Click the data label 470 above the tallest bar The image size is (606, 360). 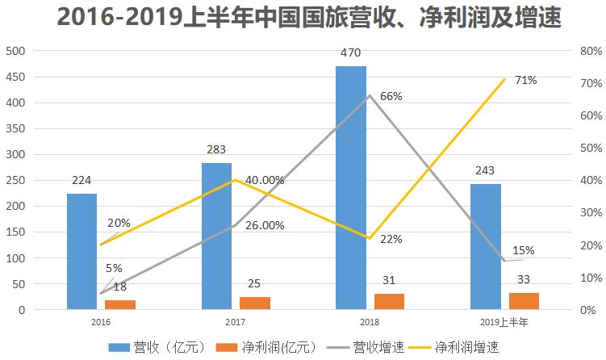coord(351,53)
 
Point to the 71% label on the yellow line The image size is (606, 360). coord(525,80)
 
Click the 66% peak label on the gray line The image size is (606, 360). coord(391,96)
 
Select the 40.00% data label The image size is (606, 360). coord(265,180)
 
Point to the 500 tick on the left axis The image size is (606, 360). coord(15,51)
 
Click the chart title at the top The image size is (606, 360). coord(303,16)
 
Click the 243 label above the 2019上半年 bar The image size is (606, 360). coord(485,171)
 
